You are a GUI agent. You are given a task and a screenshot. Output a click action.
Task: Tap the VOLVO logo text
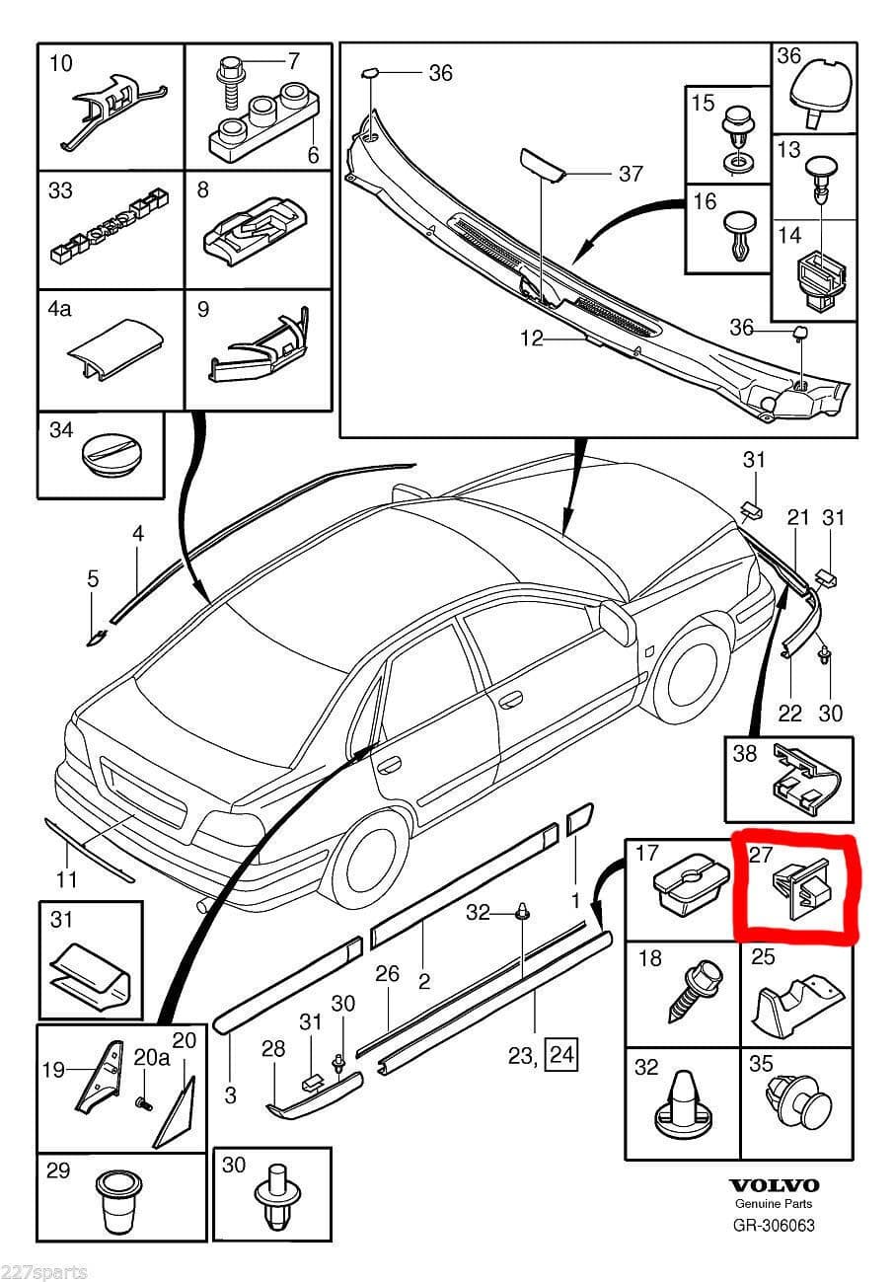pos(774,1185)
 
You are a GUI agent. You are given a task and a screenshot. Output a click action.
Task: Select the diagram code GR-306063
pos(774,1226)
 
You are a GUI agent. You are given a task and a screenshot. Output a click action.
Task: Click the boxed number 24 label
pos(562,1056)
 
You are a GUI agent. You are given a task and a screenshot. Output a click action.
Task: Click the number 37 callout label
pos(630,175)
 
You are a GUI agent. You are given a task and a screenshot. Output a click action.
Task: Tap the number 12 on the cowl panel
pos(532,339)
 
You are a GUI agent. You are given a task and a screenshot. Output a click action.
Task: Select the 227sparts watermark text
pos(44,1271)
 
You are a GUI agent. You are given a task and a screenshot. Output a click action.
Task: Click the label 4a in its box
pos(60,309)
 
